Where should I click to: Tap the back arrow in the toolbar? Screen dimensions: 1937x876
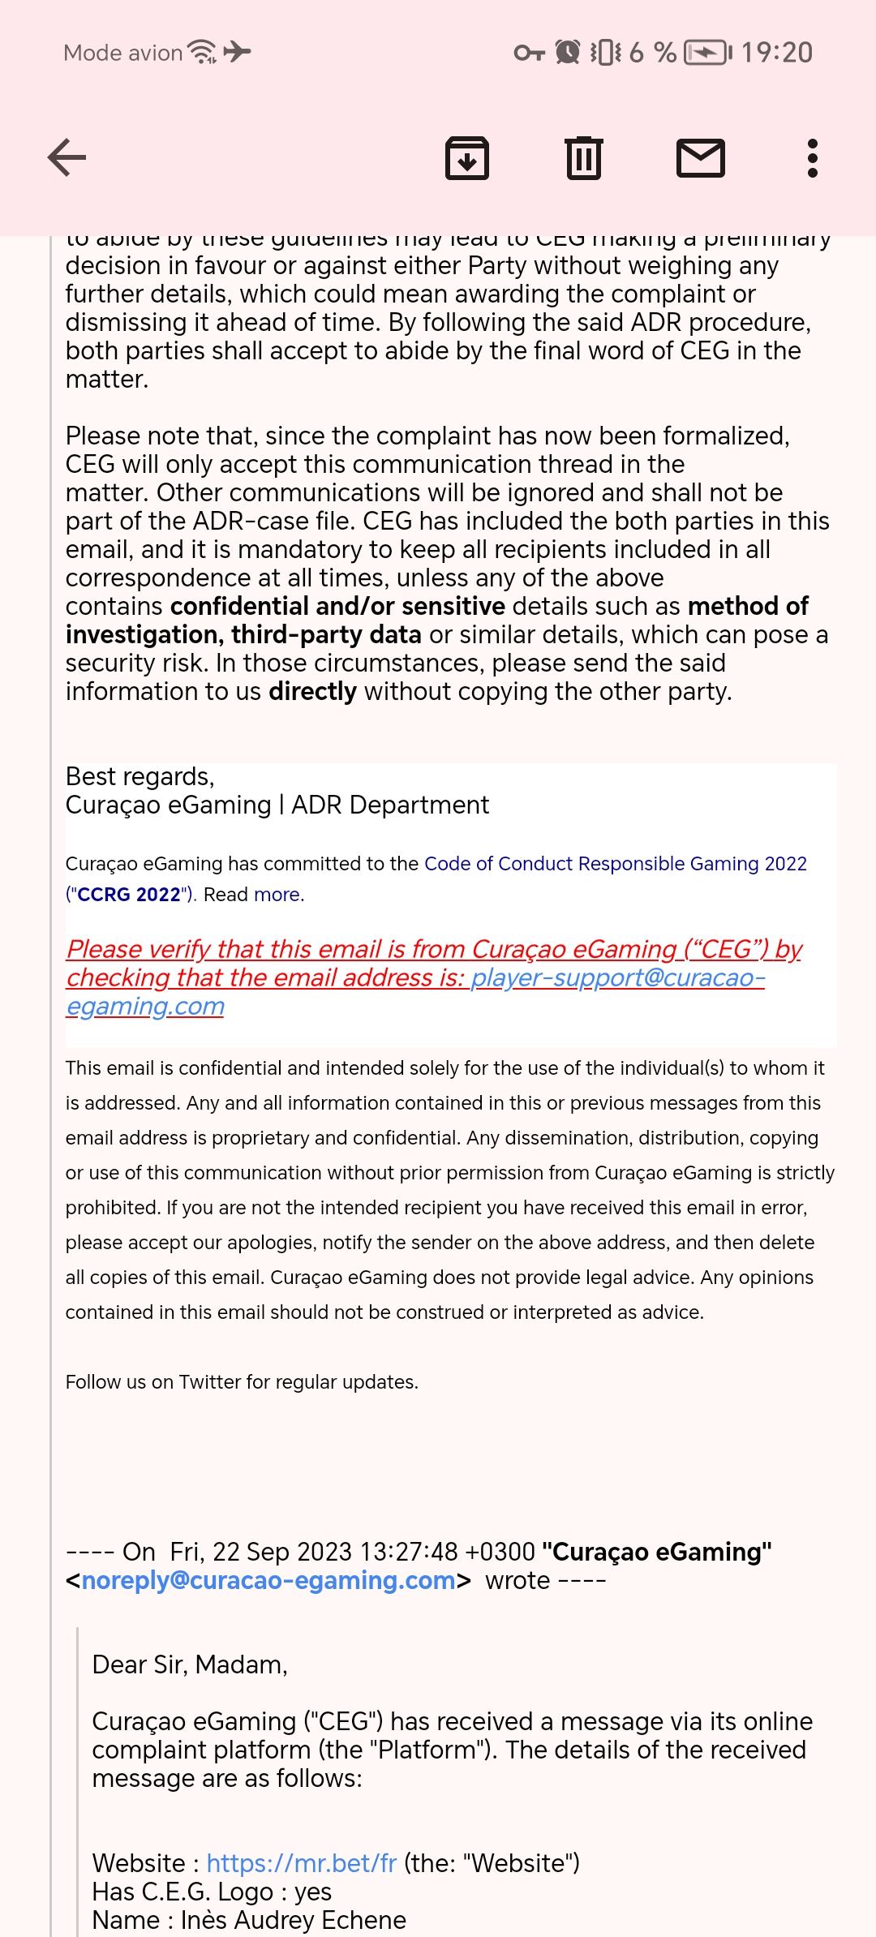67,157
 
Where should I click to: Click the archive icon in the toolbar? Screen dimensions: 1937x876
467,157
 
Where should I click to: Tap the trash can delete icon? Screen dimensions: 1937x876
583,157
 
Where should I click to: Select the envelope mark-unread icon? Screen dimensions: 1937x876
701,157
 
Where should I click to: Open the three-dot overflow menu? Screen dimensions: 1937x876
812,157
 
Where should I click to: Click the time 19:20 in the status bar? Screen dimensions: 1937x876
776,53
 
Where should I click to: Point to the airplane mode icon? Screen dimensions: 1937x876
238,52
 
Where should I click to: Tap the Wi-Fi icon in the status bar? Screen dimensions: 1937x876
202,52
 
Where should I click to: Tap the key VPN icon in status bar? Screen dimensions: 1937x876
529,53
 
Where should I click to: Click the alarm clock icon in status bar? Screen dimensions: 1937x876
568,53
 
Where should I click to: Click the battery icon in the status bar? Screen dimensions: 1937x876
707,53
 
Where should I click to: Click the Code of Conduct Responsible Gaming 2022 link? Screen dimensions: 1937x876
615,864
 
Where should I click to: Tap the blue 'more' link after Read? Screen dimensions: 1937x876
277,895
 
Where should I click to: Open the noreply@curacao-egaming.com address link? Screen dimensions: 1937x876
268,1580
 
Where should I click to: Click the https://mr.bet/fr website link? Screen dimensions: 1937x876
301,1863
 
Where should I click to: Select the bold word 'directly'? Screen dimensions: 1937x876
312,691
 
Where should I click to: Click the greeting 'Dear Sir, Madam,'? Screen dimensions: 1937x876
190,1664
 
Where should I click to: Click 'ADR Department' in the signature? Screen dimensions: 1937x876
390,805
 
